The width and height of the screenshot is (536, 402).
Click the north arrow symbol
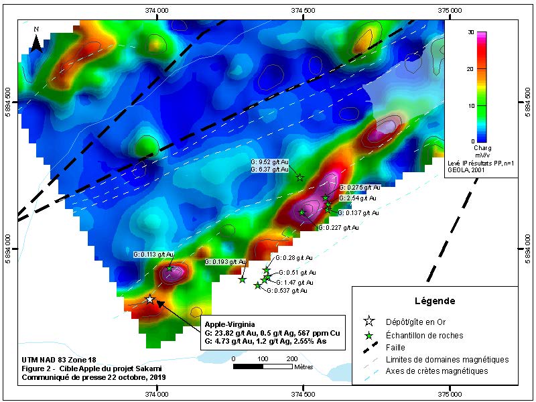coord(38,42)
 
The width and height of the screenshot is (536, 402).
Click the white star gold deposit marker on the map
coord(150,299)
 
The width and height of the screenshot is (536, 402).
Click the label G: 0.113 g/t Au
coord(153,255)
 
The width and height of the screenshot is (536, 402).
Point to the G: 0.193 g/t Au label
coord(225,261)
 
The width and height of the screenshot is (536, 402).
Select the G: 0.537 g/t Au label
coord(287,291)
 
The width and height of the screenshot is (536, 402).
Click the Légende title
coord(435,301)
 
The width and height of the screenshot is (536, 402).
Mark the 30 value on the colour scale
coord(472,32)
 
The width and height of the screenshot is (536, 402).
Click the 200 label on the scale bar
coord(292,360)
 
